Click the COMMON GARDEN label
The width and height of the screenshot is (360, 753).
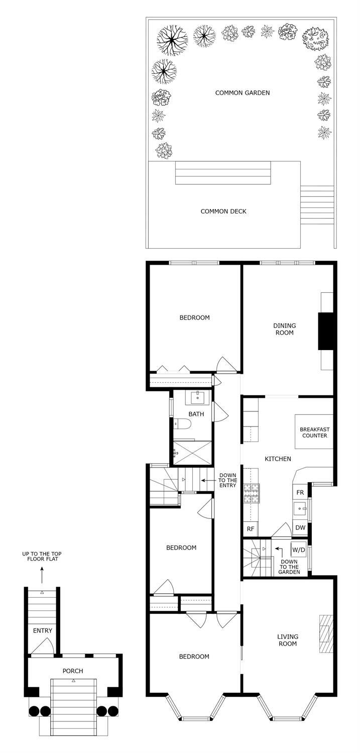tap(243, 93)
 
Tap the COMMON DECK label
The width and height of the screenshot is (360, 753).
tap(223, 211)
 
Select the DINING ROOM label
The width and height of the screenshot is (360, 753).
tap(285, 329)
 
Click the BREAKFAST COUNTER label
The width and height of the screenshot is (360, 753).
tap(315, 433)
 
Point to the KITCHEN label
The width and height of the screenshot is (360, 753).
tap(278, 459)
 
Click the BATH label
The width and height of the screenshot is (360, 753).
tap(196, 414)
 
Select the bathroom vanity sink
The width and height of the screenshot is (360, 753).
tap(198, 397)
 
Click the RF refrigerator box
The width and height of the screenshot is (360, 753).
tap(251, 529)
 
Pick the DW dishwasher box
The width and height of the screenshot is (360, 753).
tap(300, 527)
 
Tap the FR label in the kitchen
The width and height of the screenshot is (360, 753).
tap(300, 492)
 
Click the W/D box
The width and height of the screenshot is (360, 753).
tap(298, 550)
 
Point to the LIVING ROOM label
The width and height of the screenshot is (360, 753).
tap(288, 640)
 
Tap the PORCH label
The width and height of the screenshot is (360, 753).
tap(73, 671)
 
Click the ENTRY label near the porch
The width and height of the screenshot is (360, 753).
tap(43, 630)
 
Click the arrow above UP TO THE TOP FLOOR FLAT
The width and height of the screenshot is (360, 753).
tap(42, 575)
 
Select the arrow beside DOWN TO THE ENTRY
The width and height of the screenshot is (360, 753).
tap(208, 480)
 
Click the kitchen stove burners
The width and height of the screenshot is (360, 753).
tap(252, 493)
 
